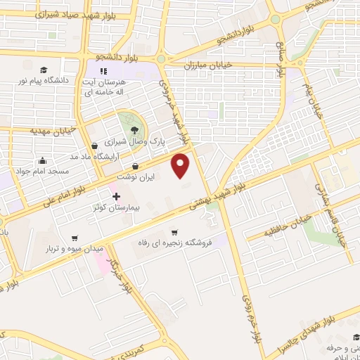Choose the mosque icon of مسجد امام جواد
(x=43, y=160)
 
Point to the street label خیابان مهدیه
(x=52, y=131)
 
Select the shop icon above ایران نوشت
(x=134, y=166)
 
